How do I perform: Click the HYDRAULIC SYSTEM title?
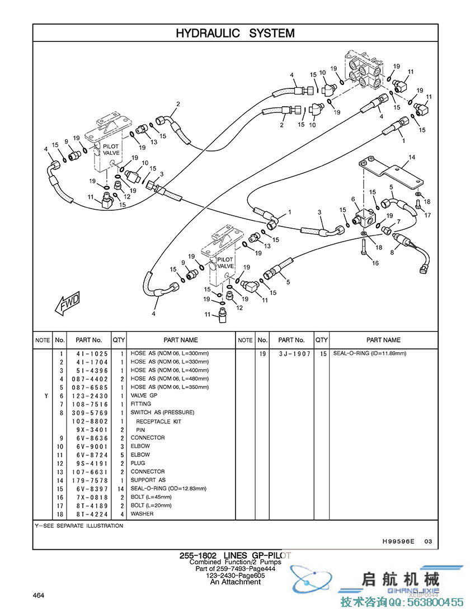point(235,33)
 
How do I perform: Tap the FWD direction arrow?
point(68,303)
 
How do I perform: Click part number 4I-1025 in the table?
point(92,354)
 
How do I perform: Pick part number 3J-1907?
point(295,354)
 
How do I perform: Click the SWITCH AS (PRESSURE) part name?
point(162,413)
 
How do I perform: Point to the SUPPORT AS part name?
point(148,480)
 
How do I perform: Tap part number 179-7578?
point(90,480)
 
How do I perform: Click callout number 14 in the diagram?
point(412,157)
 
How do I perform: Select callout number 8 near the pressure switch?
point(392,252)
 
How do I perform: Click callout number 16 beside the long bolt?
point(375,263)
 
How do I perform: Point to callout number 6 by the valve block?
point(353,199)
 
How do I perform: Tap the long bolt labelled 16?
point(363,247)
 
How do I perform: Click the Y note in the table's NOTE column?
point(46,396)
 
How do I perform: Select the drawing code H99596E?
point(398,541)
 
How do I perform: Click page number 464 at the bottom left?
point(39,596)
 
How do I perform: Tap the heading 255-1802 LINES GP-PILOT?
point(235,556)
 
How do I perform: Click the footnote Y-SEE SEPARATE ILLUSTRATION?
point(79,526)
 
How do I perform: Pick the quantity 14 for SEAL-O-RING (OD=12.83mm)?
point(120,489)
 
